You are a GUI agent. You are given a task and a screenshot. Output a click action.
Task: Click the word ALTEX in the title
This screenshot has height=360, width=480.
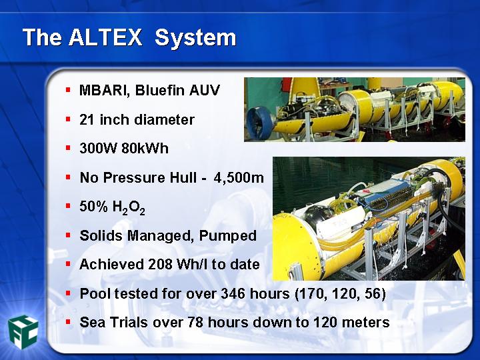[x=105, y=37]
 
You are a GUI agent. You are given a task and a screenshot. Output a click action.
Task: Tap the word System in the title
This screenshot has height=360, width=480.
[x=195, y=38]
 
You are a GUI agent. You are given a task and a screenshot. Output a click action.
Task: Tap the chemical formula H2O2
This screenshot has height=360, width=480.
[x=129, y=207]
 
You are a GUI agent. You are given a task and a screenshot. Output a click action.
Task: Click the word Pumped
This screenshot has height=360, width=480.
[x=227, y=236]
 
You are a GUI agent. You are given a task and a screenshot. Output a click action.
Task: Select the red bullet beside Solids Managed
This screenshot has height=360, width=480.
[x=68, y=235]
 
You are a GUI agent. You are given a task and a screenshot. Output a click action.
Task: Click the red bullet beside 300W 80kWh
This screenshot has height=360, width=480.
[x=68, y=148]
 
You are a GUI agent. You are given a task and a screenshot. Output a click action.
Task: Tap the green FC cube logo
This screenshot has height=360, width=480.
[x=23, y=332]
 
